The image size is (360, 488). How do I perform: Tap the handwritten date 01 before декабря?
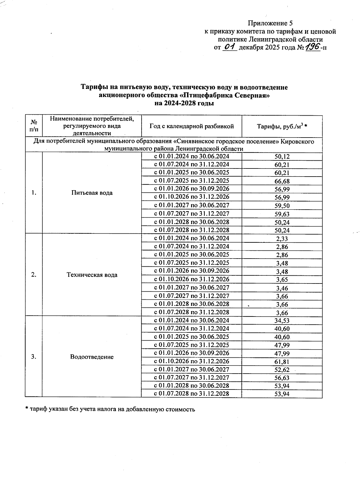(230, 47)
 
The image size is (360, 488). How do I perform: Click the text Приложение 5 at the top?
(270, 23)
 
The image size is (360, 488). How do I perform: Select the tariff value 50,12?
(282, 156)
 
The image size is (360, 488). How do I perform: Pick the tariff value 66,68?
(282, 181)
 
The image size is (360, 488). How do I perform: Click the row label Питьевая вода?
(92, 193)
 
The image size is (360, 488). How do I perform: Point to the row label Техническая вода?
(92, 275)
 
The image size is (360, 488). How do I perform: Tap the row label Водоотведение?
(92, 357)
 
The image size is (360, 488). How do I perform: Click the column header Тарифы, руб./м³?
(282, 126)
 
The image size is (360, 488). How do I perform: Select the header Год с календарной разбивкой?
(192, 126)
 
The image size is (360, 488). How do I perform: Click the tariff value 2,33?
(282, 239)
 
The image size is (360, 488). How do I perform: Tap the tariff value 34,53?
(282, 321)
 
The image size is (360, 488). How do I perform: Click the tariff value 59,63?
(282, 214)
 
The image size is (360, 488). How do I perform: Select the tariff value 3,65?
(282, 280)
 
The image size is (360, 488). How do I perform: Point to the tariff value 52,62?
(282, 370)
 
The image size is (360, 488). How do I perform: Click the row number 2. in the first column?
(34, 275)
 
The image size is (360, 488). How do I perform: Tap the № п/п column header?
(34, 126)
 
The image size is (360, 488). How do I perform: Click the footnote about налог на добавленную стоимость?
(110, 409)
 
